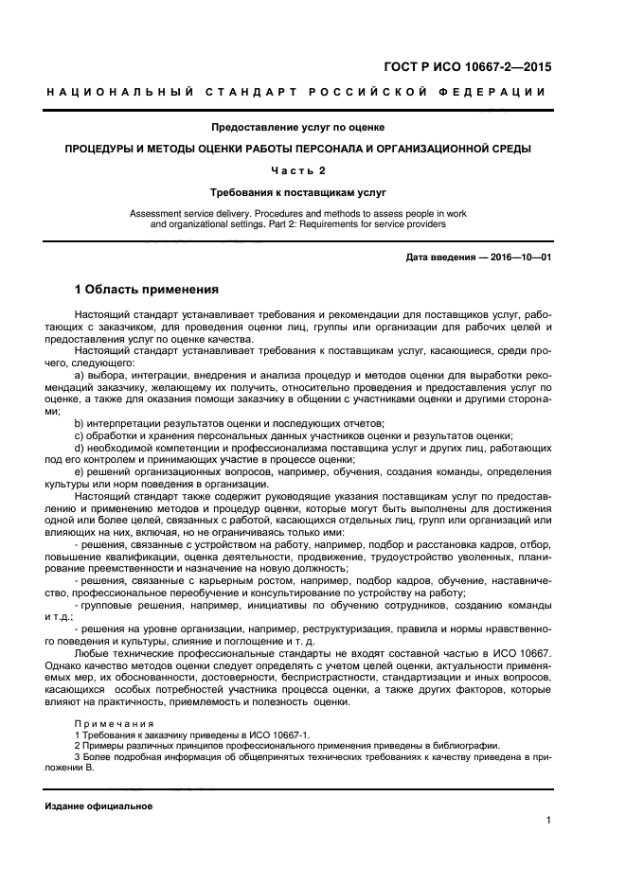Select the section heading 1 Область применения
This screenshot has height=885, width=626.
[x=147, y=290]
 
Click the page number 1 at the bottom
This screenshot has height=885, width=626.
[x=548, y=822]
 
